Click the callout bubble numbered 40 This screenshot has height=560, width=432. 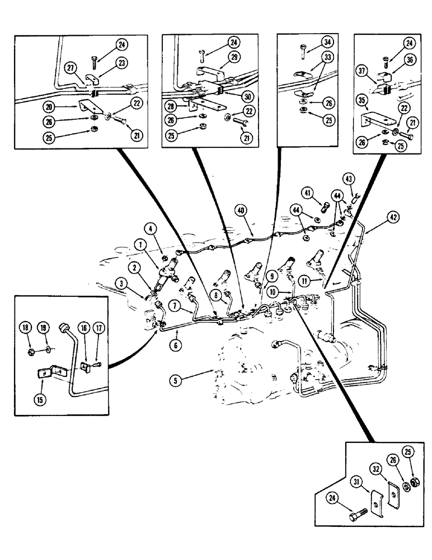240,211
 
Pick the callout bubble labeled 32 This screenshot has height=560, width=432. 375,466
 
